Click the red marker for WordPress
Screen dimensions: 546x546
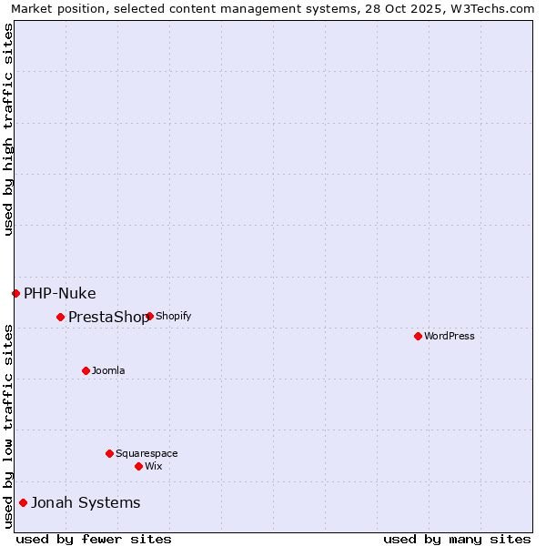click(x=418, y=336)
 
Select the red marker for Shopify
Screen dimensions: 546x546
click(x=149, y=317)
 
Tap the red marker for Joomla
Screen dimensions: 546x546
click(x=86, y=370)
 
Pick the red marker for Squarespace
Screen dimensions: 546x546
click(x=109, y=453)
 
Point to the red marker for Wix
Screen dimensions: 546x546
click(x=138, y=466)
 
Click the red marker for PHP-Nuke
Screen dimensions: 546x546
click(x=15, y=293)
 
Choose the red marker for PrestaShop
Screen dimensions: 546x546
click(x=60, y=317)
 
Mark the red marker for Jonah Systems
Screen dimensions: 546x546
click(x=23, y=502)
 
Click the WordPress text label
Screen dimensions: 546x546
click(x=450, y=336)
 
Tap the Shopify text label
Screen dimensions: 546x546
click(x=174, y=317)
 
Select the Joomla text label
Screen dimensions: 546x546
click(x=108, y=370)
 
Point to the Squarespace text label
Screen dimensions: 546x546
click(x=147, y=453)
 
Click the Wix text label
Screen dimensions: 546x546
click(x=154, y=466)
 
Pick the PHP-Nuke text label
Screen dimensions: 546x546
click(x=60, y=293)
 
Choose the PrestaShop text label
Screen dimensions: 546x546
click(x=108, y=317)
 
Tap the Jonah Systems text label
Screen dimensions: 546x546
click(x=86, y=502)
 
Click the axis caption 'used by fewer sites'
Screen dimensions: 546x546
click(x=94, y=539)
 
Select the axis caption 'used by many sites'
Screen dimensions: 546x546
click(x=457, y=539)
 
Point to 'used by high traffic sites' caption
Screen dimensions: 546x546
click(x=8, y=129)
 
